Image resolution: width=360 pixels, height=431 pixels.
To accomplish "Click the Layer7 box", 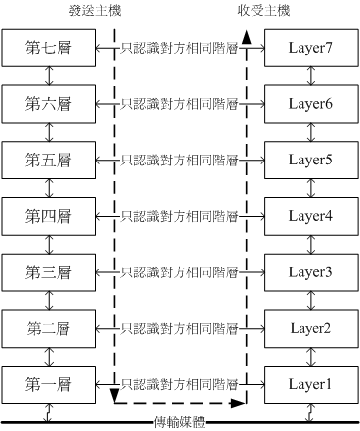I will coord(309,47).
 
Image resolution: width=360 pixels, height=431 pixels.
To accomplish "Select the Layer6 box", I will coord(309,102).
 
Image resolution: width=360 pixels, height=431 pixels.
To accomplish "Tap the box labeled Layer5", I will coord(309,159).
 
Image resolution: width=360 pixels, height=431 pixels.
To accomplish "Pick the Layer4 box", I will coord(309,214).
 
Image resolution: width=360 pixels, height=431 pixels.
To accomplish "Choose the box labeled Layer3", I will coord(309,269).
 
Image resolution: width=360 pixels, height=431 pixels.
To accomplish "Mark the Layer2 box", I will coord(309,326).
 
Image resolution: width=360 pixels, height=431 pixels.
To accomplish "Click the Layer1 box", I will coord(309,382).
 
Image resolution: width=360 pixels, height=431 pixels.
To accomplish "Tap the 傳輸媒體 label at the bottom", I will coord(180,423).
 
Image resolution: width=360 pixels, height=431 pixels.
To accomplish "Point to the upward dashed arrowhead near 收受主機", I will coord(245,36).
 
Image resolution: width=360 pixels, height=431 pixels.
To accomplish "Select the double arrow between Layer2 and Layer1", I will coord(309,354).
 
